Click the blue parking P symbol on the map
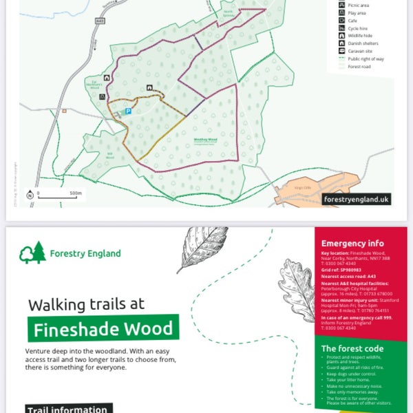point(127,111)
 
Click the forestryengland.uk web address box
point(357,199)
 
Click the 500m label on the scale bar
point(76,193)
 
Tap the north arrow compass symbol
point(30,195)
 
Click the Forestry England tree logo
point(33,253)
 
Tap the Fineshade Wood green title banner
point(103,328)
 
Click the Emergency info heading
point(352,244)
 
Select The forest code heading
point(352,348)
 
